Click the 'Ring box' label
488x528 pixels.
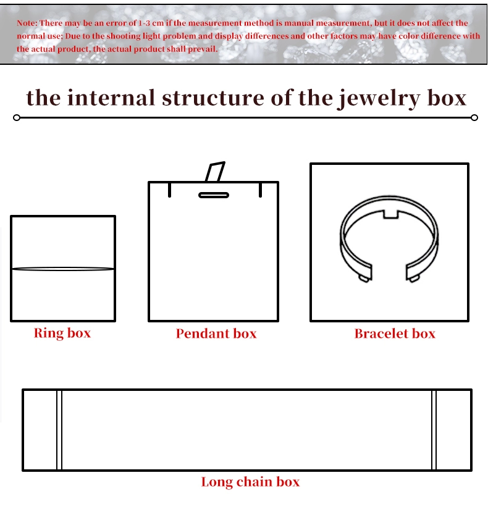(62, 333)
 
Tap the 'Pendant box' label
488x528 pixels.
(216, 333)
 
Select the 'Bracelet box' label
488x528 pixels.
(395, 333)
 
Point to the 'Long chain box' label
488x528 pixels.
(250, 482)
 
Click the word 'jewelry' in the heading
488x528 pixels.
(379, 98)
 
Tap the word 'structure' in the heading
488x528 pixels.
(213, 98)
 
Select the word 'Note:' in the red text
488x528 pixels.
(27, 23)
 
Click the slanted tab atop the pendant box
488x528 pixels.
(215, 172)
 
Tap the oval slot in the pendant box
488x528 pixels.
(214, 195)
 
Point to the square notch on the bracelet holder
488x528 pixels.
(391, 214)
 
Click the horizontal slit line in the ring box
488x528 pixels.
(63, 269)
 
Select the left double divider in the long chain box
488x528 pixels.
(59, 430)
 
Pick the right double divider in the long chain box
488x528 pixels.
(434, 430)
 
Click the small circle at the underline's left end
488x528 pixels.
(17, 117)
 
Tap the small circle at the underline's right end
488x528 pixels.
(474, 117)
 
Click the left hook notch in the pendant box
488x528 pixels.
(169, 190)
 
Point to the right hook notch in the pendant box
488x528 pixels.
(260, 190)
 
